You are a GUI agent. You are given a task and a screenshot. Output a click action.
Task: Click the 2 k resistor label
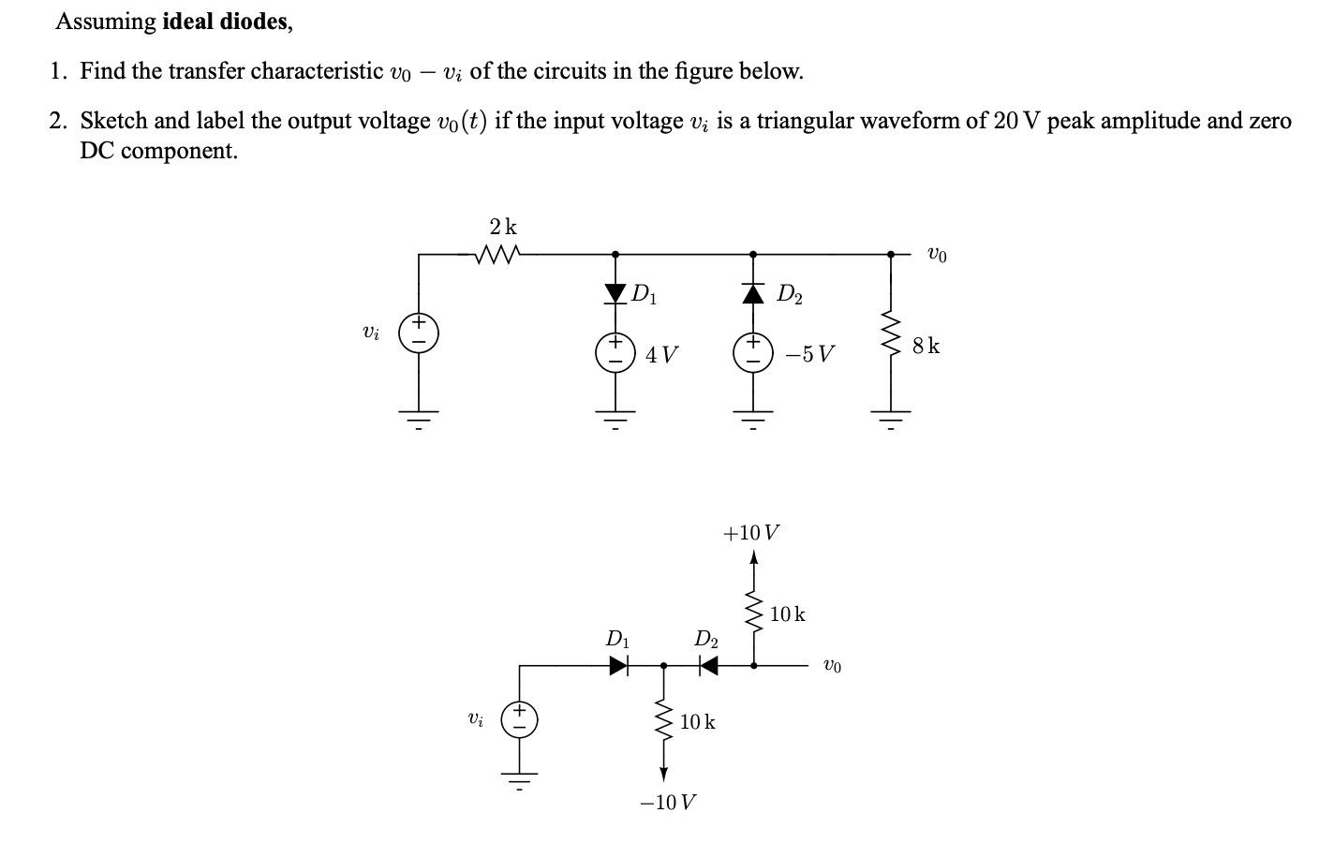point(503,228)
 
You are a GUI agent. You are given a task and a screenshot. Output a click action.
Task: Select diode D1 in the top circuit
point(615,293)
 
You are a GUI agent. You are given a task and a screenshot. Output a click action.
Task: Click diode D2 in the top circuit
point(753,293)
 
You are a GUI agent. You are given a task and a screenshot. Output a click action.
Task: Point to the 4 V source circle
point(615,354)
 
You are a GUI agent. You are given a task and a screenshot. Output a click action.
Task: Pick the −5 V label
point(809,355)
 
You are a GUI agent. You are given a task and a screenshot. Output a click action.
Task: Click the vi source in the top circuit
point(419,333)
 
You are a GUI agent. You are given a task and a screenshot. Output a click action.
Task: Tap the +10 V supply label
point(751,533)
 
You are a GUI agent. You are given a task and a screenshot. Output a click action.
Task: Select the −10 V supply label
point(667,803)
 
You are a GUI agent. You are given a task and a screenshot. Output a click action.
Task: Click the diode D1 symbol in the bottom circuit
point(618,666)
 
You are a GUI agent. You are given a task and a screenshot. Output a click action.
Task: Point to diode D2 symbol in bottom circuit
point(707,666)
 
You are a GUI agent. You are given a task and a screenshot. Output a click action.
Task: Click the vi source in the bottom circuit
point(519,719)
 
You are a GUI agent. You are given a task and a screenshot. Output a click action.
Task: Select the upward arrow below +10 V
point(754,559)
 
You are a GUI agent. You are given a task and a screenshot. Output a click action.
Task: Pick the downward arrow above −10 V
point(663,774)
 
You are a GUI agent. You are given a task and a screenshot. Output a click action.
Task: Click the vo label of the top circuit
point(936,254)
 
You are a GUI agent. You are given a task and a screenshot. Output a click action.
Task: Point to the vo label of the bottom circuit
point(831,666)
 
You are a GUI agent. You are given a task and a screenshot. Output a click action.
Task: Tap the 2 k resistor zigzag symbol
point(497,254)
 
